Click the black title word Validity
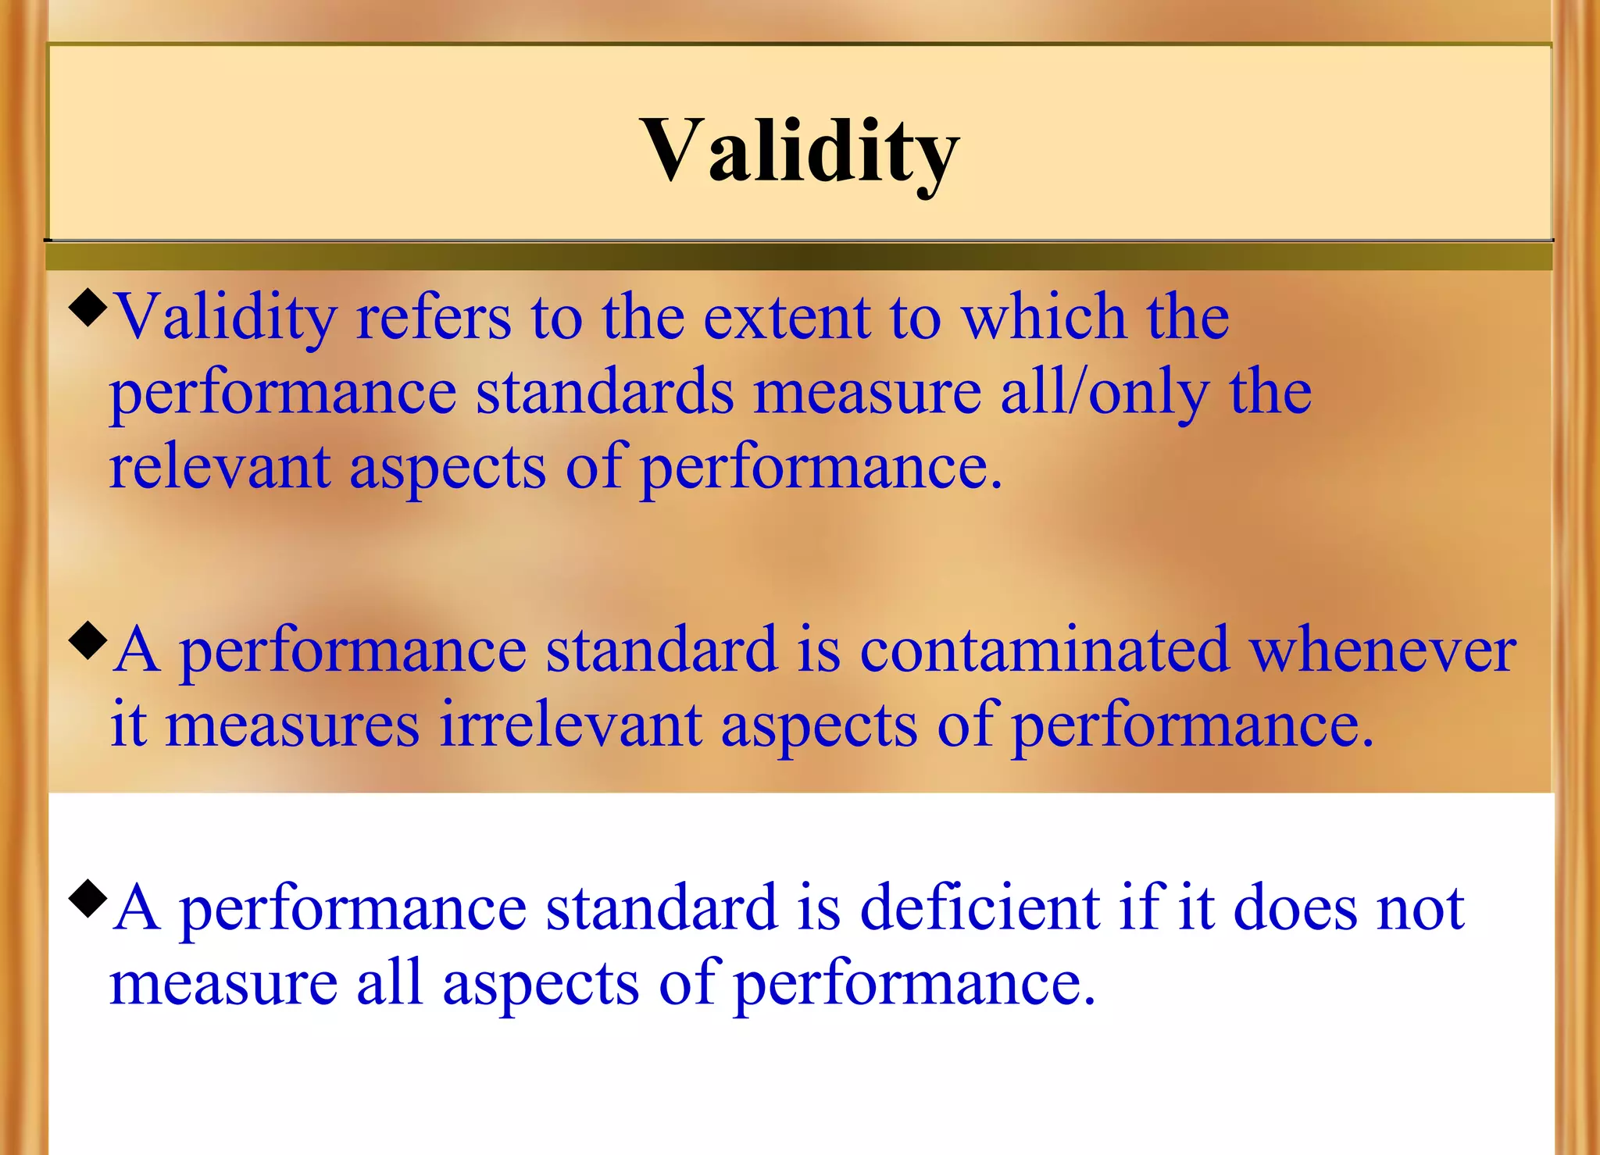799,150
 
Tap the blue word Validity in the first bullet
226,317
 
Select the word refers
433,317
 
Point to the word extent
787,317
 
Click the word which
1043,317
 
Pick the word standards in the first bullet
605,392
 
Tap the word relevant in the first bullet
220,467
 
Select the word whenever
1383,650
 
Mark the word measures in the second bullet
292,725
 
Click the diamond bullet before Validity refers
87,308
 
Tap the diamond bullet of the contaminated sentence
87,640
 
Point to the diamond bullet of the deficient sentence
87,898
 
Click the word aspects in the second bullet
819,725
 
